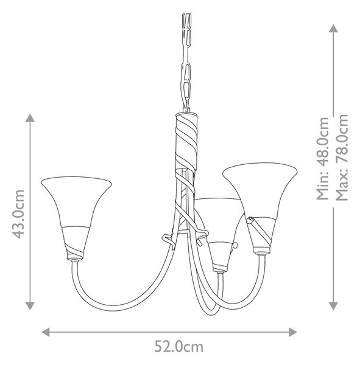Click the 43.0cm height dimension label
pos(18,214)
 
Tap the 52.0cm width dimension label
pos(179,347)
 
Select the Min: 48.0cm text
pos(322,158)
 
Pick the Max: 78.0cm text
pos(342,158)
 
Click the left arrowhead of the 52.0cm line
pos(46,332)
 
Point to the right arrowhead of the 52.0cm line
pos(292,332)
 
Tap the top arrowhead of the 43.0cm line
pos(30,118)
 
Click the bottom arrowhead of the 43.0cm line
pos(30,306)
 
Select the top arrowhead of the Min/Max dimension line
pos(333,29)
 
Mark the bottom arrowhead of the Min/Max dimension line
pos(333,306)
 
